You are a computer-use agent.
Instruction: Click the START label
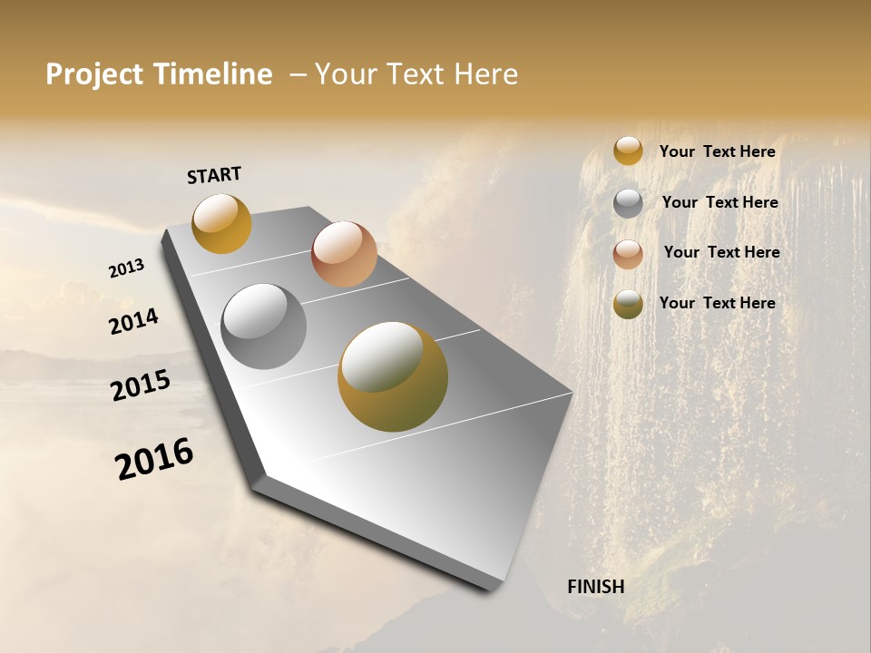[214, 175]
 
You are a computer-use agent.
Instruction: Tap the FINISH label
[596, 587]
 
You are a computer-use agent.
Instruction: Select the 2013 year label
[126, 268]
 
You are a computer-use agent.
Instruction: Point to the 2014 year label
[134, 322]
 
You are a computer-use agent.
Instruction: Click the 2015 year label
[141, 385]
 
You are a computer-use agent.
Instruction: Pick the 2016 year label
[154, 459]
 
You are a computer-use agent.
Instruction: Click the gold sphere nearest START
[221, 223]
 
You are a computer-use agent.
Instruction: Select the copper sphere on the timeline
[344, 254]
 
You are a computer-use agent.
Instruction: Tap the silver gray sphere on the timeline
[263, 326]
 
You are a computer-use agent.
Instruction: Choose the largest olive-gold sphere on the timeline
[392, 376]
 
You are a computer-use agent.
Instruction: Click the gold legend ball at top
[628, 151]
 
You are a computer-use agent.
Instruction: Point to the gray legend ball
[628, 202]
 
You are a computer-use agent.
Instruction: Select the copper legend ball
[628, 254]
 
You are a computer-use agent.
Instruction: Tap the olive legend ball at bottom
[628, 304]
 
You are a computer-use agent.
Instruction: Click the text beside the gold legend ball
[717, 152]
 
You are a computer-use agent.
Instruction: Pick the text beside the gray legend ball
[719, 202]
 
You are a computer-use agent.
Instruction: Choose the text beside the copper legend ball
[721, 252]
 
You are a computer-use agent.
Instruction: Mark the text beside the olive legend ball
[717, 303]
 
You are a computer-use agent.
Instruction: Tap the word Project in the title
[95, 74]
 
